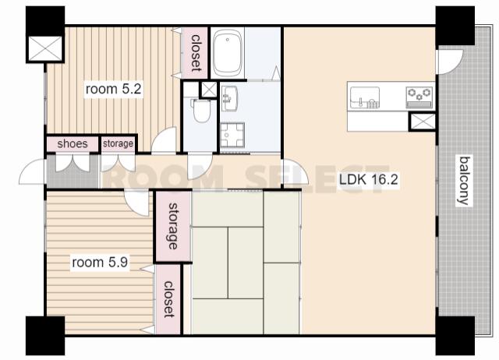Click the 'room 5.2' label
(113, 89)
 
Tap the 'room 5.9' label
(100, 263)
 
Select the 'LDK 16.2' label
(369, 180)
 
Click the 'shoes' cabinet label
(73, 143)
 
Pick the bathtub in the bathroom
(227, 53)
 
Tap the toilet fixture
(200, 110)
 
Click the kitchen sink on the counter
(365, 97)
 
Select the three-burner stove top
(419, 97)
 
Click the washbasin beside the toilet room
(229, 98)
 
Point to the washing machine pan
(232, 135)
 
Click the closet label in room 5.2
(196, 52)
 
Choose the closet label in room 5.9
(168, 299)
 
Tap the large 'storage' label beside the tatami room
(173, 226)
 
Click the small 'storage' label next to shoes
(118, 143)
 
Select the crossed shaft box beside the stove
(423, 122)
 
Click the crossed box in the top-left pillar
(45, 48)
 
